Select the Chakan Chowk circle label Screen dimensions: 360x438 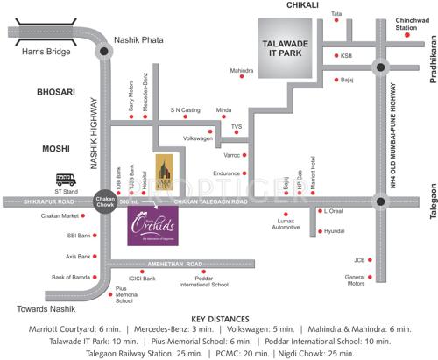(x=105, y=202)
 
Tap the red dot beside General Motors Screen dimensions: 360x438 (x=369, y=279)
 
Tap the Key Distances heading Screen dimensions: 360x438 (x=219, y=319)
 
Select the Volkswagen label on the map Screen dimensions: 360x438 (x=197, y=138)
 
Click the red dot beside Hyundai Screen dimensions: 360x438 (x=320, y=230)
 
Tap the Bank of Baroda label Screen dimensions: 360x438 (x=71, y=277)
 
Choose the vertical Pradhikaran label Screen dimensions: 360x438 (x=432, y=61)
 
